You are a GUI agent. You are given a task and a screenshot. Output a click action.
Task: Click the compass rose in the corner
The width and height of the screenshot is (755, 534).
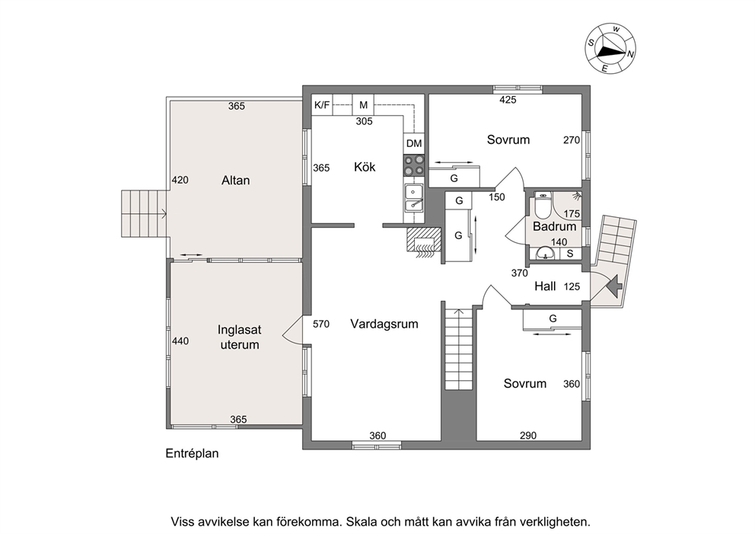610,50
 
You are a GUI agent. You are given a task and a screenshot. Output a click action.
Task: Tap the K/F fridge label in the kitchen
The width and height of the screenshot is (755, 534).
322,104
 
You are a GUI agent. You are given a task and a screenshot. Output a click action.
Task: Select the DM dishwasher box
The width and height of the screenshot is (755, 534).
414,143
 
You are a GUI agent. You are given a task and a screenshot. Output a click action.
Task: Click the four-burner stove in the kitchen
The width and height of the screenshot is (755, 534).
414,165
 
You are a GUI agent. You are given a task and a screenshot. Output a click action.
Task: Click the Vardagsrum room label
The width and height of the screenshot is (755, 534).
384,324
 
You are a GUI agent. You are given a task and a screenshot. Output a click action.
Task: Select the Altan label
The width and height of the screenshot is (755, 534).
235,181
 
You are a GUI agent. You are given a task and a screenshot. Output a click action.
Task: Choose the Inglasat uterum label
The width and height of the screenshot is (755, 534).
239,337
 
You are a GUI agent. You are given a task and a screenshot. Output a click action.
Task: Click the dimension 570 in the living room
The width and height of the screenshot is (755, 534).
321,324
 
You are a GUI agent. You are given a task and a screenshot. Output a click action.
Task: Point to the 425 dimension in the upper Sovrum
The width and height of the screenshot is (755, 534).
508,100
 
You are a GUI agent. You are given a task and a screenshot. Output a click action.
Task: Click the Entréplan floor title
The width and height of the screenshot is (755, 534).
192,453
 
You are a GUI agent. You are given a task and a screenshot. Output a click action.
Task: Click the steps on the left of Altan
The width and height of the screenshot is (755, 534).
144,213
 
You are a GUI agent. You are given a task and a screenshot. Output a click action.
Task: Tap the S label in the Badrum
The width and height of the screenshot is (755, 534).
570,254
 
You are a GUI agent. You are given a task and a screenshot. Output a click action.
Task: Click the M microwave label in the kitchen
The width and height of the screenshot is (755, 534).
364,104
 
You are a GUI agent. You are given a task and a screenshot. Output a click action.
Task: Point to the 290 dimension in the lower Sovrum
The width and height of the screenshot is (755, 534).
528,436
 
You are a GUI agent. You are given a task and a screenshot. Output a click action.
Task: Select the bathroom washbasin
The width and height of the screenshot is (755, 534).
545,253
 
